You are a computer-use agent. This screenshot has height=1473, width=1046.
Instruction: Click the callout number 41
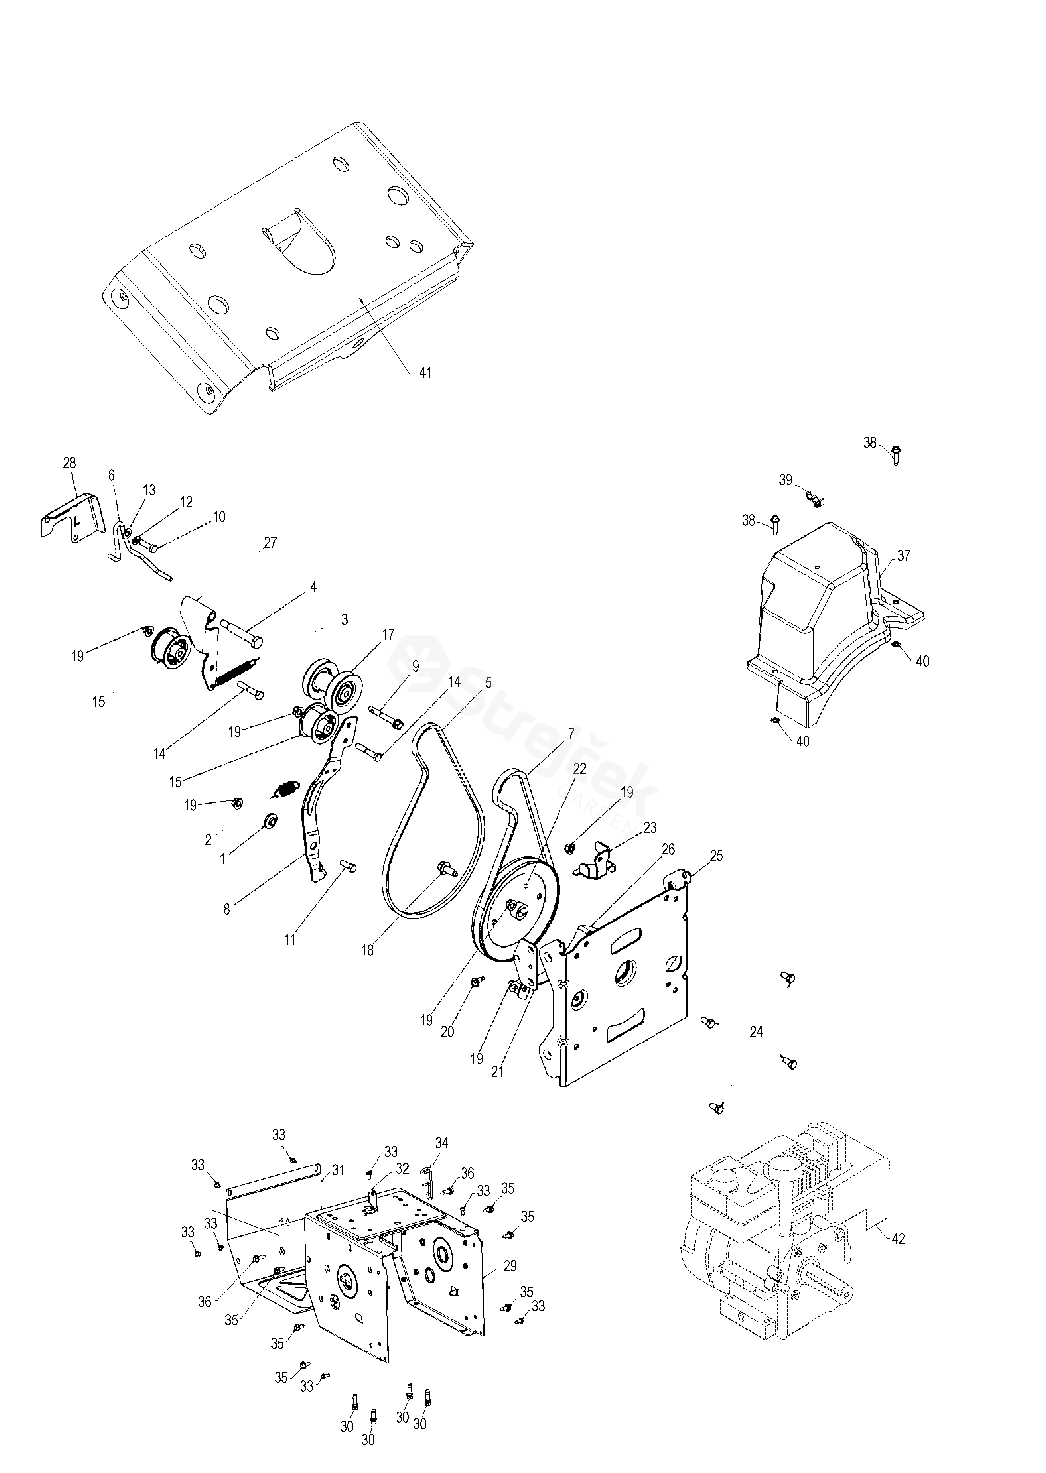[x=425, y=373]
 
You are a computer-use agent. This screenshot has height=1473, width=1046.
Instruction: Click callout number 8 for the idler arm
[x=227, y=909]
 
